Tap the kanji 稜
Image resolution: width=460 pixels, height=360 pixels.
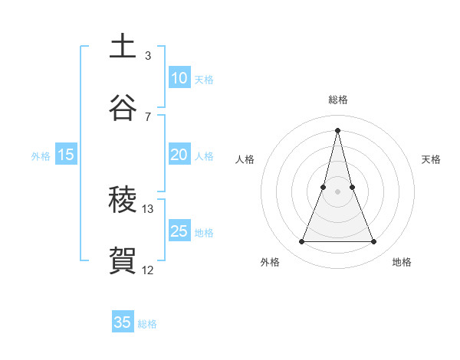click(123, 201)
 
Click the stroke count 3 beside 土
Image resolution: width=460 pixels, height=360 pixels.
click(147, 55)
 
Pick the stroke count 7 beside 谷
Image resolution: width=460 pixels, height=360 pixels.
click(147, 116)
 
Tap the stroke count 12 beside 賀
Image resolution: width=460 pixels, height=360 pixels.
click(147, 270)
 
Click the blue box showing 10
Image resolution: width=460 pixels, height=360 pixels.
click(179, 78)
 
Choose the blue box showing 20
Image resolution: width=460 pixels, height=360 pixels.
click(179, 155)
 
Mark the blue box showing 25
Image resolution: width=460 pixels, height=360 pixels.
click(179, 231)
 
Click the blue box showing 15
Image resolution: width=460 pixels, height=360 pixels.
click(66, 155)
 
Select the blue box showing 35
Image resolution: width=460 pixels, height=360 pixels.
click(123, 322)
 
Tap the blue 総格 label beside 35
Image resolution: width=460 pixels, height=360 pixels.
click(147, 324)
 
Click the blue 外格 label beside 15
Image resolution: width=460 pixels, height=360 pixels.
click(41, 156)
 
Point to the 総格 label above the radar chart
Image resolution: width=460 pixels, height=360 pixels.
click(337, 100)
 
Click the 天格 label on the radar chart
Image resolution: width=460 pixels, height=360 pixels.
click(431, 159)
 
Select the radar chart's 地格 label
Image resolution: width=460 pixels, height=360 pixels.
click(402, 262)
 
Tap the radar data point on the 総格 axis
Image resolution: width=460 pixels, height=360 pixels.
click(337, 129)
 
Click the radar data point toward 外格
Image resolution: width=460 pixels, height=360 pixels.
click(301, 242)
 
